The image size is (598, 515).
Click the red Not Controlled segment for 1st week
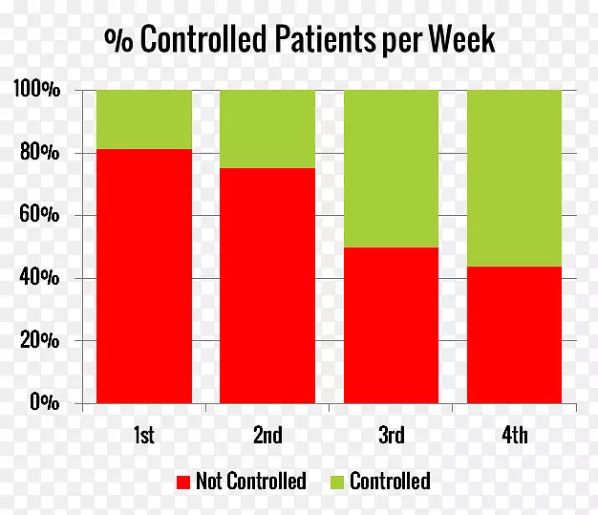click(x=144, y=276)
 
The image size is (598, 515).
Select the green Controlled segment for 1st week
click(x=144, y=119)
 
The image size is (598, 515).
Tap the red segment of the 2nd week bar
click(x=267, y=286)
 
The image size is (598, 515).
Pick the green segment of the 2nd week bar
click(x=267, y=129)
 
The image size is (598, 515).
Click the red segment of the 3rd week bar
click(x=391, y=325)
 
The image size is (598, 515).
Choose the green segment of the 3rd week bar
click(x=391, y=168)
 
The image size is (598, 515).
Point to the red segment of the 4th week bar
click(x=514, y=334)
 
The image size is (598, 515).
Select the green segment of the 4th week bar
click(x=514, y=178)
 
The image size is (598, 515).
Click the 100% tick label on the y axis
click(x=37, y=90)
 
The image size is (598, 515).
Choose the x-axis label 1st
click(x=144, y=436)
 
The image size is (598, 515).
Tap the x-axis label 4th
click(x=514, y=436)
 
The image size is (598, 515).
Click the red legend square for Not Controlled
click(x=183, y=481)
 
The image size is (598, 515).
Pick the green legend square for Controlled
click(x=337, y=481)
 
